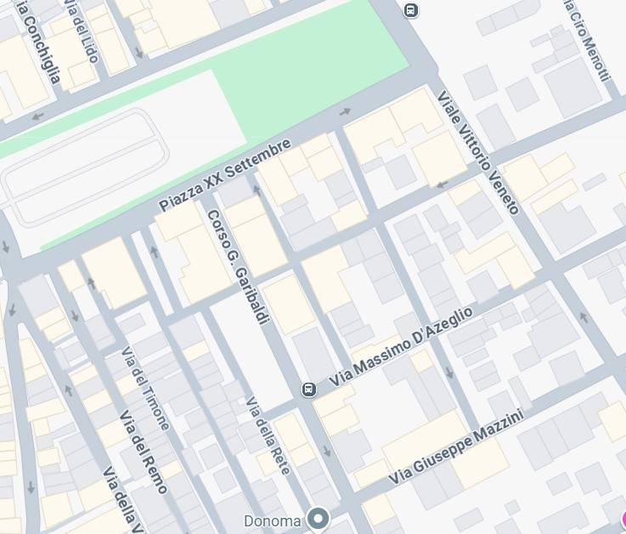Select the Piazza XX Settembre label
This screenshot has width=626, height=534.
click(225, 175)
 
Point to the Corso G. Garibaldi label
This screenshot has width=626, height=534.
click(238, 265)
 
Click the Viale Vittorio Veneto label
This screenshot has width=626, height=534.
click(477, 152)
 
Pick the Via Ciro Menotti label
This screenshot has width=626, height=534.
click(587, 40)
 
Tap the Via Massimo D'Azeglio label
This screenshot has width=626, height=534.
click(400, 349)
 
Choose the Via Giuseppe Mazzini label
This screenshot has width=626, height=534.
click(456, 447)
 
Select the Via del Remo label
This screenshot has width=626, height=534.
click(144, 452)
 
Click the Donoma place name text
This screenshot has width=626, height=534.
click(272, 520)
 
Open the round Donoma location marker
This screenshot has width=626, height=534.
click(319, 518)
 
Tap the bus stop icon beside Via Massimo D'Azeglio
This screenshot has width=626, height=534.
click(308, 389)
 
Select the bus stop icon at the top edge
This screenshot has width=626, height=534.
click(411, 10)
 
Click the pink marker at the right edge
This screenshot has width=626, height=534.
click(623, 520)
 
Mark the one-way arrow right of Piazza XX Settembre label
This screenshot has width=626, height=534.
click(345, 111)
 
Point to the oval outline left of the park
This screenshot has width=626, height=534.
click(85, 166)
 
